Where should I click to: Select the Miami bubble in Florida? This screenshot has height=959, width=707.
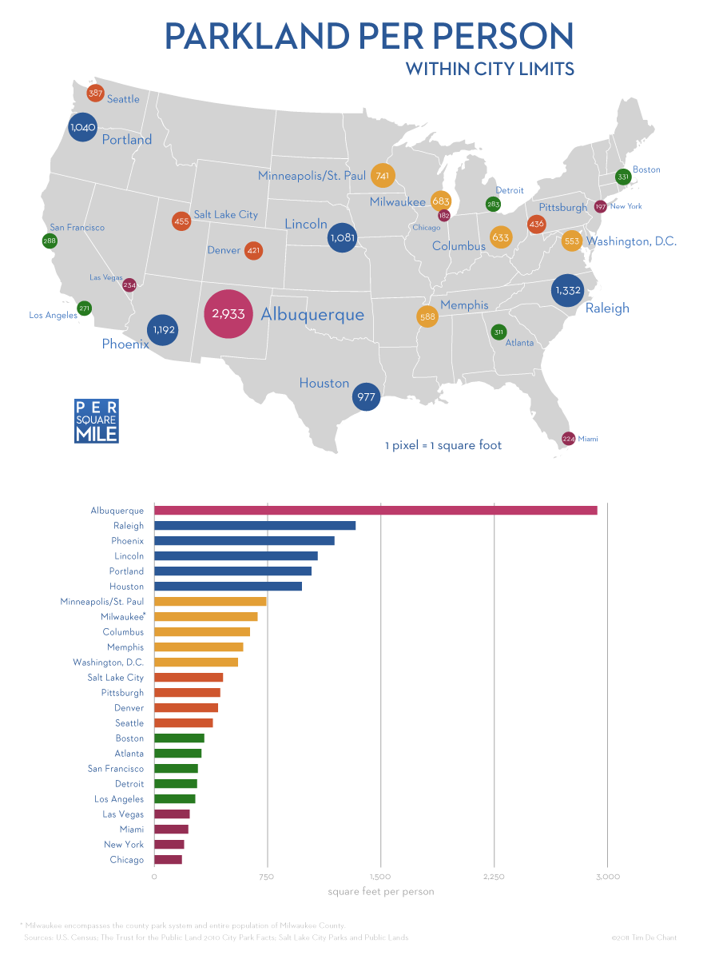pyautogui.click(x=569, y=439)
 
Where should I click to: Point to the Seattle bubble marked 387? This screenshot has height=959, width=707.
pyautogui.click(x=95, y=94)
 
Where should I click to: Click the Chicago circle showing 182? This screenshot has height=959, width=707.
pyautogui.click(x=443, y=216)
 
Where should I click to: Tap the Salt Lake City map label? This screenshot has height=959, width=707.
pyautogui.click(x=226, y=214)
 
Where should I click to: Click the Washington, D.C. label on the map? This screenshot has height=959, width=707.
pyautogui.click(x=631, y=241)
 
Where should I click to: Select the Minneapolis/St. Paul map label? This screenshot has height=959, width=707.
pyautogui.click(x=312, y=175)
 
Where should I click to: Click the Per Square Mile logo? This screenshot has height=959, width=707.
pyautogui.click(x=96, y=421)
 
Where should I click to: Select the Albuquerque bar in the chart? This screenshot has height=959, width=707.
pyautogui.click(x=375, y=511)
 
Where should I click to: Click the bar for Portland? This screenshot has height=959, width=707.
pyautogui.click(x=232, y=571)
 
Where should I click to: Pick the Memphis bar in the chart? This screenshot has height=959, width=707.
pyautogui.click(x=198, y=647)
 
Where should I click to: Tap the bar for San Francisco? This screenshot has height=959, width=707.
pyautogui.click(x=176, y=769)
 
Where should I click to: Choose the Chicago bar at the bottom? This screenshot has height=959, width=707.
pyautogui.click(x=168, y=860)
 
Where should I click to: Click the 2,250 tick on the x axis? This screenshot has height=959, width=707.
pyautogui.click(x=494, y=877)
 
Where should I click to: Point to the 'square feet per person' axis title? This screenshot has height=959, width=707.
pyautogui.click(x=381, y=891)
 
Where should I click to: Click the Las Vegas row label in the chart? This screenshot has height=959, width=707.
pyautogui.click(x=123, y=814)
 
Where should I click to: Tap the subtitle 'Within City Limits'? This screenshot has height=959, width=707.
pyautogui.click(x=490, y=70)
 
